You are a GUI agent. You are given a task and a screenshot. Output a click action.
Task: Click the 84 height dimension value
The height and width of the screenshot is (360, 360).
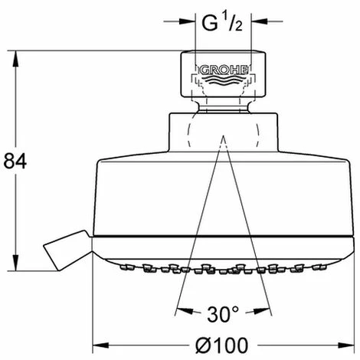point(15,161)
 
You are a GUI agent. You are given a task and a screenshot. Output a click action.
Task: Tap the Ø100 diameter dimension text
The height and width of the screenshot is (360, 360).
point(221,345)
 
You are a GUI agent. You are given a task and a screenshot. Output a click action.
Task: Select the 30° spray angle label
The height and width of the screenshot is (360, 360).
point(223,314)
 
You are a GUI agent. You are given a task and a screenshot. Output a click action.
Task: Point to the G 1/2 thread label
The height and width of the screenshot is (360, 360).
point(222,22)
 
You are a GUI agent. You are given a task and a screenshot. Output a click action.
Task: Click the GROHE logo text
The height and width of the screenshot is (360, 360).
point(224,70)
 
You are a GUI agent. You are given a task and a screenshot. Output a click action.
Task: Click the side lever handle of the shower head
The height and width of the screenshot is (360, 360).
point(67,250)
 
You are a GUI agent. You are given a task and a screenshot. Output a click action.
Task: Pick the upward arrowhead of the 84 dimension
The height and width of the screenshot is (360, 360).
point(16,59)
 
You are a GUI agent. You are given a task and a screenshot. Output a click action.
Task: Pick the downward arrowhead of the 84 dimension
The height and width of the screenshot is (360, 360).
point(16,263)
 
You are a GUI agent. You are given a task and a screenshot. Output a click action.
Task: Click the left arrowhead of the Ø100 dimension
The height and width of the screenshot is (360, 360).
point(100,345)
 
